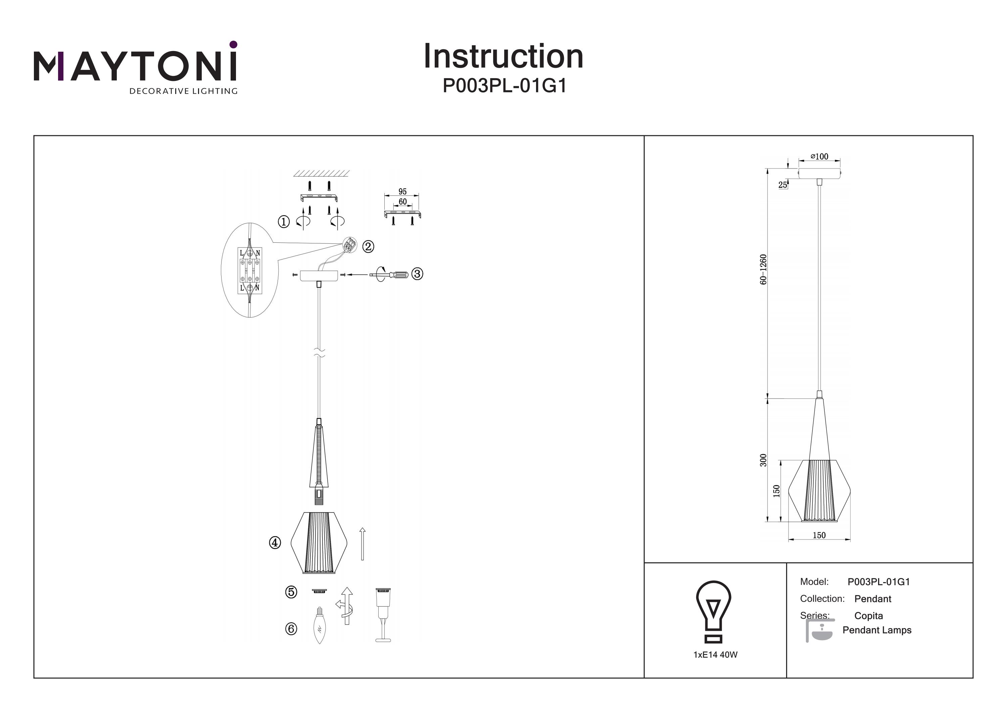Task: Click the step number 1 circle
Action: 284,222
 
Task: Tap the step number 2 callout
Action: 368,246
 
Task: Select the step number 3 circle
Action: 417,274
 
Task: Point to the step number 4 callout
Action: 275,543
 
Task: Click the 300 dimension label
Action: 764,460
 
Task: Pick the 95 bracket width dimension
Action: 402,192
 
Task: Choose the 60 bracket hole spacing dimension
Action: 402,202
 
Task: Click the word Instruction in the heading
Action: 503,57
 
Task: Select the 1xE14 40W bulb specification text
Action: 715,655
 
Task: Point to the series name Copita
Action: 868,616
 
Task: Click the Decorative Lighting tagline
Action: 183,91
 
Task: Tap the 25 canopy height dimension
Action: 782,185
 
